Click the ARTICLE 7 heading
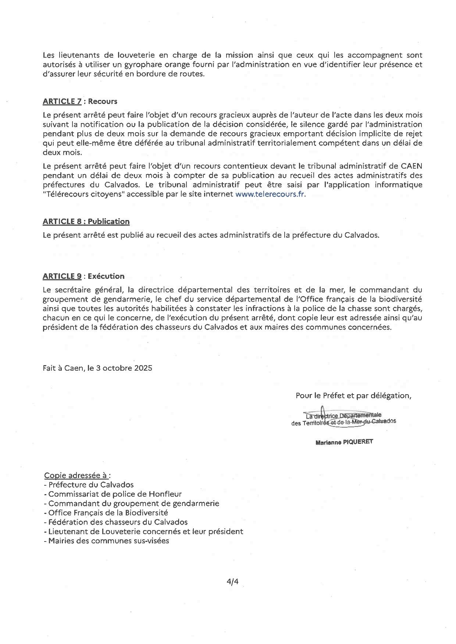coord(62,101)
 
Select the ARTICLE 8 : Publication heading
coord(86,222)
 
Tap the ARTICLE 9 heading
coord(62,276)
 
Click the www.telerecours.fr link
coord(270,194)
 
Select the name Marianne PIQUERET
coord(344,442)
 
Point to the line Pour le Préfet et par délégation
coord(353,396)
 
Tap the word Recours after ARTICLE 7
coord(103,101)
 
